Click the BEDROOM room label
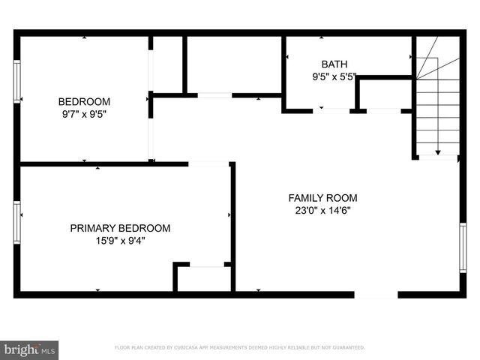[x=85, y=102]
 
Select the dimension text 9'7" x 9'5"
[x=85, y=115]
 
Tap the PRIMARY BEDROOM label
[x=120, y=228]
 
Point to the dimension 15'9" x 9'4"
[x=120, y=241]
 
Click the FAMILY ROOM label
[x=322, y=198]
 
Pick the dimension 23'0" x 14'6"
[x=322, y=211]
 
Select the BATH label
[x=334, y=64]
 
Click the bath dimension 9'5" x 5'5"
[x=334, y=76]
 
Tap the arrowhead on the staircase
[x=437, y=149]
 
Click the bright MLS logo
[x=30, y=349]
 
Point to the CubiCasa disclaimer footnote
[x=240, y=348]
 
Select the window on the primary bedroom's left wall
[x=17, y=223]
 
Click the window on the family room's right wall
[x=463, y=247]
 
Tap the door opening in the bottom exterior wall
[x=376, y=295]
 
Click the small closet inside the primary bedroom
[x=203, y=278]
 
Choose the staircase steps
[x=437, y=105]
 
